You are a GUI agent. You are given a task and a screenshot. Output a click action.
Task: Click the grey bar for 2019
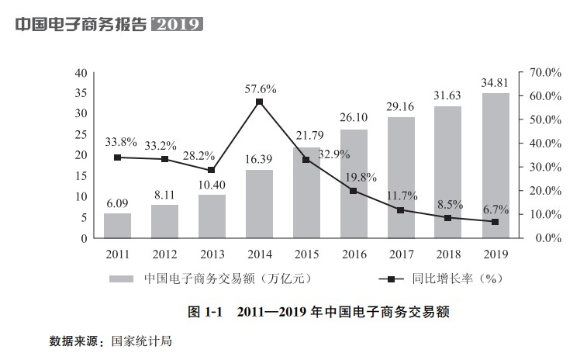[x=495, y=165]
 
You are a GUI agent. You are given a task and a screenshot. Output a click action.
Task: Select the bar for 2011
[x=117, y=225]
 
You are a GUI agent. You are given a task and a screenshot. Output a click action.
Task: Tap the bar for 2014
[x=259, y=203]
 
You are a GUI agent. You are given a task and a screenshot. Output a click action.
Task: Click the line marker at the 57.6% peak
[x=259, y=102]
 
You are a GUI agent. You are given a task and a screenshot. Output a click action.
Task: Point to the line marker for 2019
[x=495, y=222]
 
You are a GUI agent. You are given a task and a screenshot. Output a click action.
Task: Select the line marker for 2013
[x=212, y=171]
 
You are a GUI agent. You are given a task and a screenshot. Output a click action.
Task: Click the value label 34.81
[x=495, y=82]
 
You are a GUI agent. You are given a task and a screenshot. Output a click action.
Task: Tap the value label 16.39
[x=259, y=159]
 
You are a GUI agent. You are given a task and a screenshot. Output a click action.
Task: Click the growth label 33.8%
[x=121, y=142]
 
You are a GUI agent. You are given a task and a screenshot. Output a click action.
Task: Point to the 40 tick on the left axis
[x=80, y=72]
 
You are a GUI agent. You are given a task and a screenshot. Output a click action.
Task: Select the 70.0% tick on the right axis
[x=545, y=72]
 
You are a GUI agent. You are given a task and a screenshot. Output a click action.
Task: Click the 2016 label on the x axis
[x=354, y=253]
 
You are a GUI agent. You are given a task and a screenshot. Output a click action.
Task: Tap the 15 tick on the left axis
[x=80, y=175]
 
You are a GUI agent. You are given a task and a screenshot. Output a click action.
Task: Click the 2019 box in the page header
[x=179, y=24]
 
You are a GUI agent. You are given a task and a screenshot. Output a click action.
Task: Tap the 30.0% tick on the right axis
[x=545, y=167]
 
